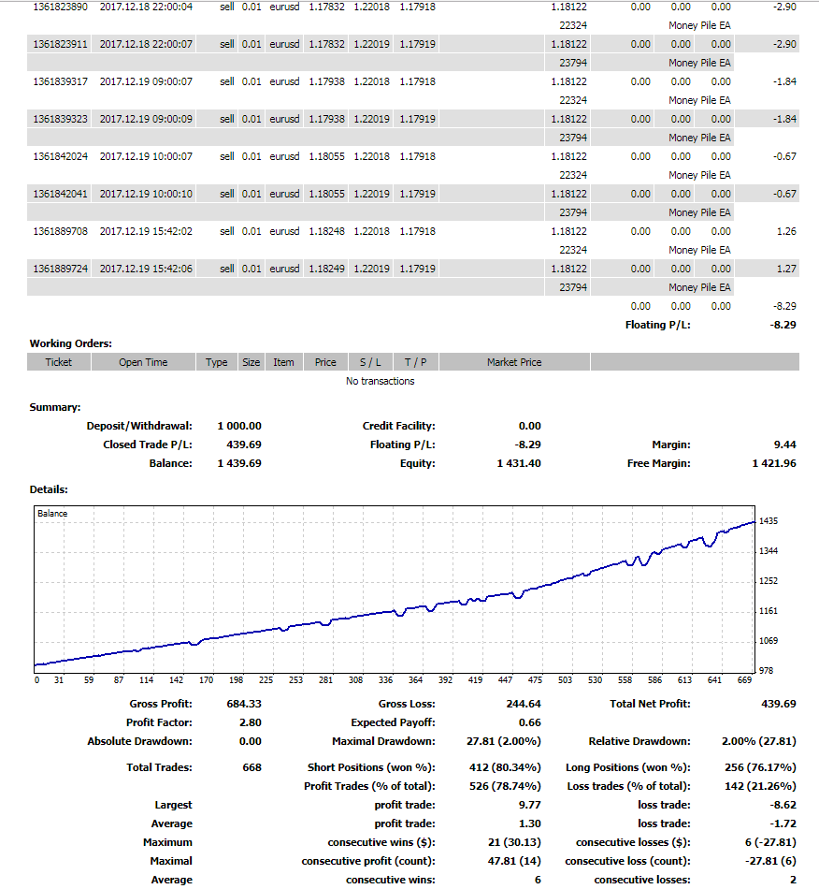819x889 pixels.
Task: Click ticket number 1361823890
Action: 60,7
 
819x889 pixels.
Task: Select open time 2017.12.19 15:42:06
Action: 146,269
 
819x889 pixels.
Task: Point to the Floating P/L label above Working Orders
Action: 657,325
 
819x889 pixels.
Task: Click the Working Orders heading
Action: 71,343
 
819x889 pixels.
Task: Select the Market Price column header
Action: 513,362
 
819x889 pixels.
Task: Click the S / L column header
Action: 370,362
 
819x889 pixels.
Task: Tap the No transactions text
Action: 380,381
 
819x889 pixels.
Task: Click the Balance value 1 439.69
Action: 239,463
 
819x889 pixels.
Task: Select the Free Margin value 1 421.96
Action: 773,463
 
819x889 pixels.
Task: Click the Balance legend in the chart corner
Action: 52,513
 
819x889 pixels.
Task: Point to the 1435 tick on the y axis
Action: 769,520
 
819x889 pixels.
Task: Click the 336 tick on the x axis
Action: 387,680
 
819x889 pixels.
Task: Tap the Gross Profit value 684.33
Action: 244,704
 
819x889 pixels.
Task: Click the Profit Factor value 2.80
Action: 250,722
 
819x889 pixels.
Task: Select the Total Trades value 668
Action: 251,767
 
